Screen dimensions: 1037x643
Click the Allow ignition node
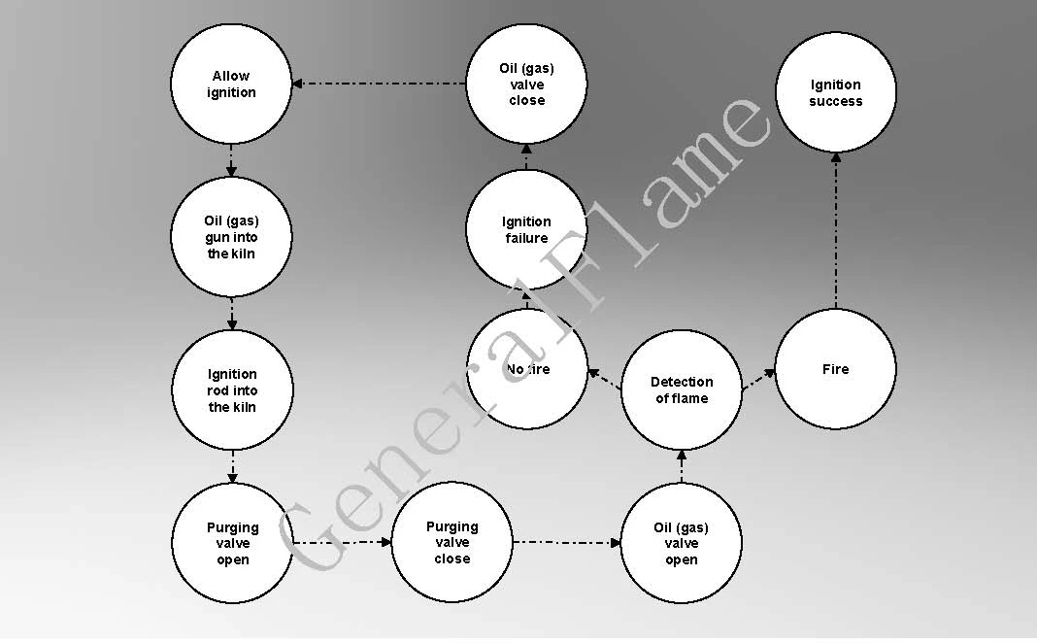(x=231, y=84)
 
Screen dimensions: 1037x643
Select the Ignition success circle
(x=835, y=92)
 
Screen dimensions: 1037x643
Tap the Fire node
(x=835, y=369)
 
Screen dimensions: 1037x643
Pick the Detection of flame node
(x=682, y=390)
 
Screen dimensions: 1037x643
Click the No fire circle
(x=527, y=369)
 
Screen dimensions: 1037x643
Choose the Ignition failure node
(x=526, y=229)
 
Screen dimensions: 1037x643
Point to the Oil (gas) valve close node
(x=526, y=84)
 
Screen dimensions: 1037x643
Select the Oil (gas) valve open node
(x=682, y=543)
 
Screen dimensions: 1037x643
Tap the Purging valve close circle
(x=452, y=542)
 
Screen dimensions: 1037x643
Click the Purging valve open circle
(x=232, y=543)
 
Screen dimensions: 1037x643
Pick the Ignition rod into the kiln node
(x=232, y=390)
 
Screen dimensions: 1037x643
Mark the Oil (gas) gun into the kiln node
(x=231, y=237)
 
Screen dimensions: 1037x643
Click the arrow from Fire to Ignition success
(x=836, y=231)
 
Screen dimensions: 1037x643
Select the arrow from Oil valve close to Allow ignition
(x=379, y=84)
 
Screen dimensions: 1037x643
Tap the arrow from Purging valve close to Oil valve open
(x=567, y=542)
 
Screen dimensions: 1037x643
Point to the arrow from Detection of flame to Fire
(x=758, y=380)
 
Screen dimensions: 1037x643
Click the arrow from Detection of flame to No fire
(x=605, y=379)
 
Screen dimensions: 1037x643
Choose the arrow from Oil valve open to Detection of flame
(x=682, y=466)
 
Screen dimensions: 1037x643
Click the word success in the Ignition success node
(x=835, y=101)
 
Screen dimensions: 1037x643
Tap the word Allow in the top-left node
(x=231, y=76)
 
